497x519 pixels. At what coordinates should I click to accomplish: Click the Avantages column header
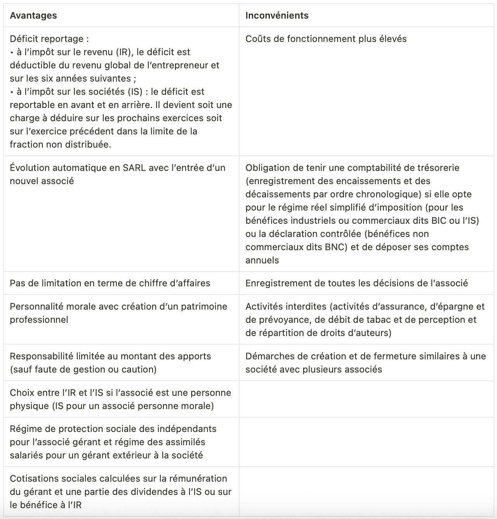coord(33,16)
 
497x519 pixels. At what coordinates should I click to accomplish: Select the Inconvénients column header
coord(277,16)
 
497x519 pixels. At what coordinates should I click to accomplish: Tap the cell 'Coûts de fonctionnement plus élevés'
coord(326,39)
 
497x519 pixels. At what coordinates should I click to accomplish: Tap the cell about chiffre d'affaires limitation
coord(110,283)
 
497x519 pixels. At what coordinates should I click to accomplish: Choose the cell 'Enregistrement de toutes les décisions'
coord(356,283)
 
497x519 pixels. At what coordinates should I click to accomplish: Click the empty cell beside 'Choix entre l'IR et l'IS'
coord(366,399)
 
